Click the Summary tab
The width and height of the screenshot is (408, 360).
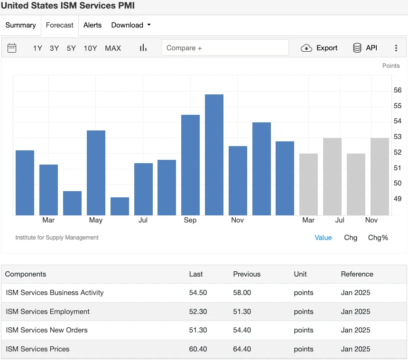[x=20, y=25]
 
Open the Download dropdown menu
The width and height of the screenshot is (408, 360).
[x=131, y=25]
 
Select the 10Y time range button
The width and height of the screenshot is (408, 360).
[x=90, y=48]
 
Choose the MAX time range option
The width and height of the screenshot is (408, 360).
[x=113, y=48]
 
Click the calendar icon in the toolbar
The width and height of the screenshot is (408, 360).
[x=12, y=48]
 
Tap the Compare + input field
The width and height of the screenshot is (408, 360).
[x=225, y=48]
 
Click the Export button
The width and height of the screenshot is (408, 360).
[x=319, y=48]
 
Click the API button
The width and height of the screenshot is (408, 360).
[x=365, y=48]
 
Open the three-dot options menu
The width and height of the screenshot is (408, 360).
[x=396, y=48]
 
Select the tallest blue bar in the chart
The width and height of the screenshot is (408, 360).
[x=214, y=155]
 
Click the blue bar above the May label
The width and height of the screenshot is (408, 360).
[x=96, y=173]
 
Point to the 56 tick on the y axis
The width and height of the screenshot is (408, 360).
[x=398, y=90]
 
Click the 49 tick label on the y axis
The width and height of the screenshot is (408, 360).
[x=398, y=199]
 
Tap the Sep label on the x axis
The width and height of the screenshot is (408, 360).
[x=190, y=220]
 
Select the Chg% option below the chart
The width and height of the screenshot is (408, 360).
[x=378, y=238]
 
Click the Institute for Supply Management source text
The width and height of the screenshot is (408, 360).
[x=57, y=238]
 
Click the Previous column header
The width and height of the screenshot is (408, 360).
[x=247, y=274]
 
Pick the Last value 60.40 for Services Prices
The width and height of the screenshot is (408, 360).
[x=198, y=349]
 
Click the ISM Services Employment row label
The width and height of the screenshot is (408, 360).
[x=47, y=312]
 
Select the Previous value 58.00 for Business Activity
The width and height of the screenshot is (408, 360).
[x=242, y=293]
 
